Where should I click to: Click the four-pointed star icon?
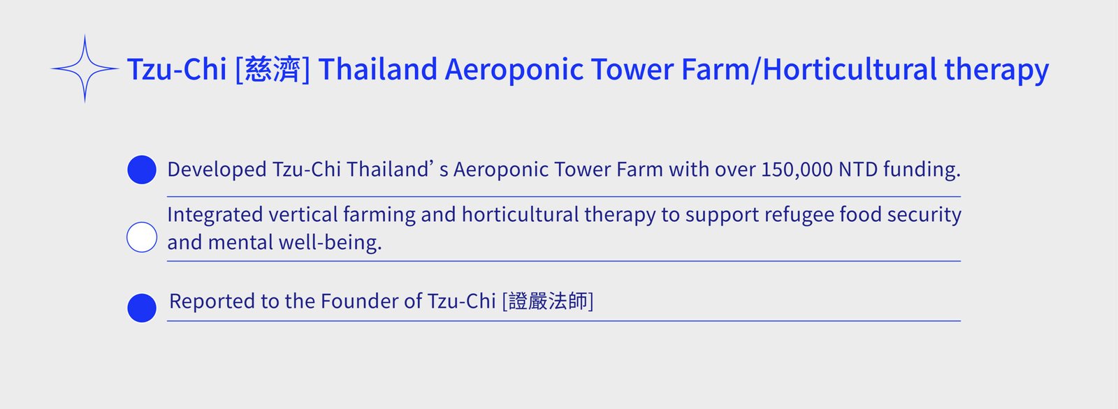tap(85, 68)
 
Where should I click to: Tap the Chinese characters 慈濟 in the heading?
tap(273, 69)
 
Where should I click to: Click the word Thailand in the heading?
tap(378, 69)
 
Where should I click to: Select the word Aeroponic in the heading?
tap(514, 70)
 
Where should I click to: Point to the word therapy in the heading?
tap(996, 70)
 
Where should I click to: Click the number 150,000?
tap(797, 170)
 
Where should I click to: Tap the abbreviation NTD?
tap(858, 170)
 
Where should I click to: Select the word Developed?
tap(217, 170)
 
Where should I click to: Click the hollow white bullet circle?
tap(142, 237)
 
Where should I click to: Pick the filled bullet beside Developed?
tap(142, 170)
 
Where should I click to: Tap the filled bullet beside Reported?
tap(142, 308)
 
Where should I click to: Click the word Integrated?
tap(215, 215)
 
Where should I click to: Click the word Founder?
tap(359, 302)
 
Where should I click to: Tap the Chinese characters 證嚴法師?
tap(548, 302)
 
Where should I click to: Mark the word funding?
tap(922, 170)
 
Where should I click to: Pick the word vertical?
tap(303, 214)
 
